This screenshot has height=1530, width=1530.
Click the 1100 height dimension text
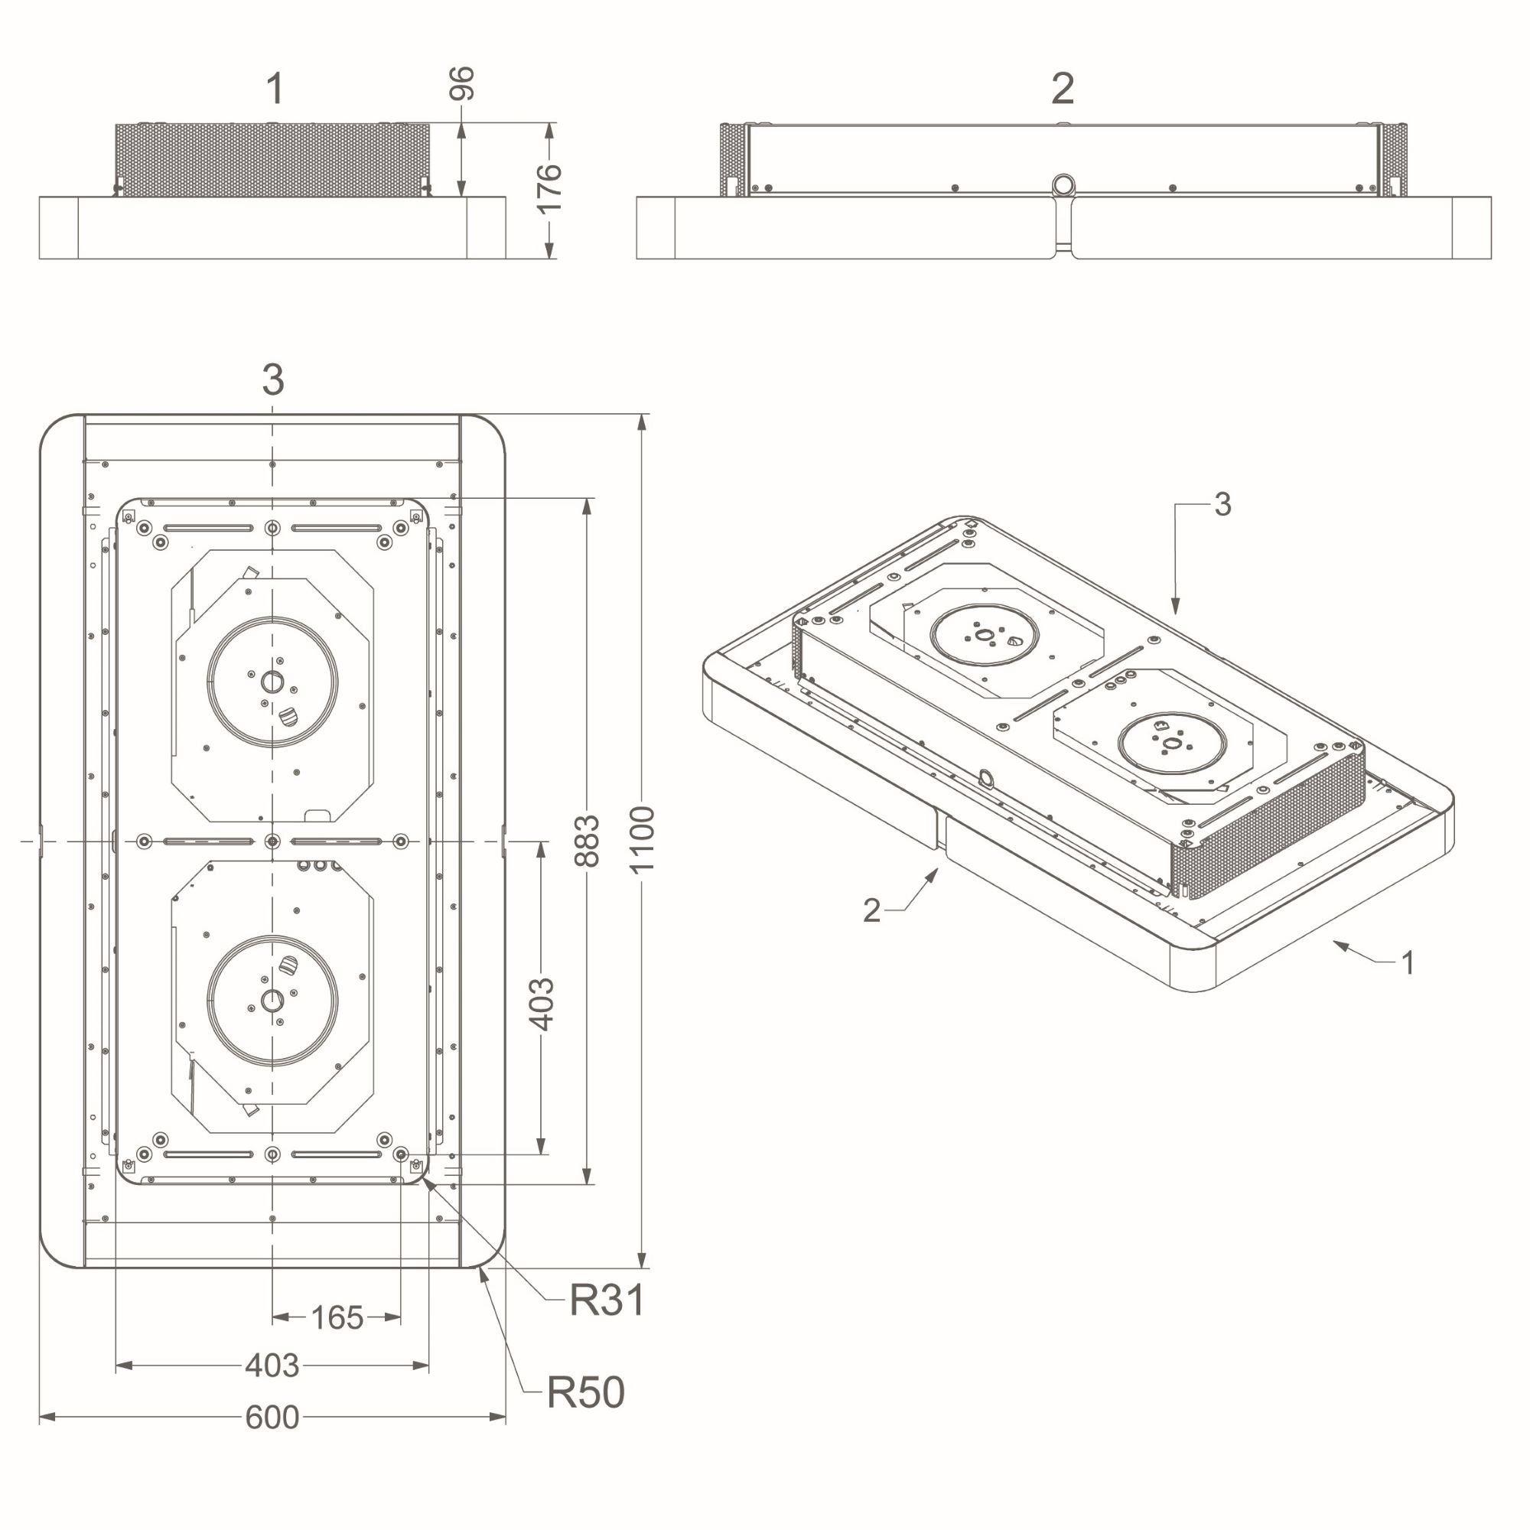(642, 839)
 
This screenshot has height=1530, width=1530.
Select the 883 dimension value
(587, 840)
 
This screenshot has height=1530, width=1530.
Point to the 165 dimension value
(337, 1318)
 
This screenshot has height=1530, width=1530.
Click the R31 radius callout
(607, 1300)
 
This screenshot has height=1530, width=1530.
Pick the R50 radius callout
(585, 1392)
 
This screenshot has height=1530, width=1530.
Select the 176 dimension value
(549, 188)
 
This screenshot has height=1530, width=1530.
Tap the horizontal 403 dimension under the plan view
(272, 1366)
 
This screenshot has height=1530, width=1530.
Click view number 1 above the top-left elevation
(275, 89)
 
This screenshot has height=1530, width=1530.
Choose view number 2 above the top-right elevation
(1063, 89)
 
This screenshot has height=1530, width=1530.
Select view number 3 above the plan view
(273, 380)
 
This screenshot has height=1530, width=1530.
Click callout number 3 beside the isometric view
(1222, 504)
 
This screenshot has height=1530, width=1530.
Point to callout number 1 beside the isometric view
(1408, 963)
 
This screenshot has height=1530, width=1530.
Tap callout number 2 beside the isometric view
(871, 910)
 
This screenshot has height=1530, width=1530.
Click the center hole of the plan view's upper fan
(272, 681)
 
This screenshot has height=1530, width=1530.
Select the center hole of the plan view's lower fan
(272, 1000)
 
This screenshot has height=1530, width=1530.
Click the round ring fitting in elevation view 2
(1063, 185)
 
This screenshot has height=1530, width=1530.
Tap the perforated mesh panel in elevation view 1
(272, 159)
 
